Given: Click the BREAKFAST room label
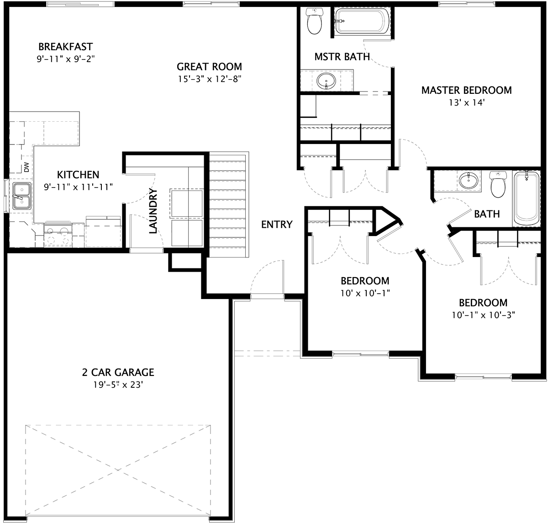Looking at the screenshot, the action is (66, 47).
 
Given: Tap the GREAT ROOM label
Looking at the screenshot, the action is (209, 67).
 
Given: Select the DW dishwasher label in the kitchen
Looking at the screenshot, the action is (26, 167).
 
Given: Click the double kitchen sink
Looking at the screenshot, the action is (21, 196).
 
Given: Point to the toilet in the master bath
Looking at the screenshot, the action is (315, 21).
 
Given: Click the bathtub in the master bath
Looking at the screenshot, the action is (360, 21).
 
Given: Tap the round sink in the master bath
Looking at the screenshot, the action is (327, 81).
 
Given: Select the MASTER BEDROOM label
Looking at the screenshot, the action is (466, 90).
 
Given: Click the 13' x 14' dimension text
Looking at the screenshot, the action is (466, 102).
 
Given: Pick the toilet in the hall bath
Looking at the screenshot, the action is (498, 184).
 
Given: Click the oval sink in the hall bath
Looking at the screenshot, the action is (469, 180).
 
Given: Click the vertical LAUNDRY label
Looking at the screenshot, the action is (153, 211).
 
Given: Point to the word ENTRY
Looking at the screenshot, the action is (277, 225).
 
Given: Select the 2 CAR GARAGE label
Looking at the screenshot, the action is (118, 372).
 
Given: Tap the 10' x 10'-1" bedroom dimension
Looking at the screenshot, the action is (365, 293).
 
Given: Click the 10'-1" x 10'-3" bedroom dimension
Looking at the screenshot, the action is (483, 315).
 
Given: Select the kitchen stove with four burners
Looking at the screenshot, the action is (58, 235).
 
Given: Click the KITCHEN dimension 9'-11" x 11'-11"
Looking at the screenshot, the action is (78, 187).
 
